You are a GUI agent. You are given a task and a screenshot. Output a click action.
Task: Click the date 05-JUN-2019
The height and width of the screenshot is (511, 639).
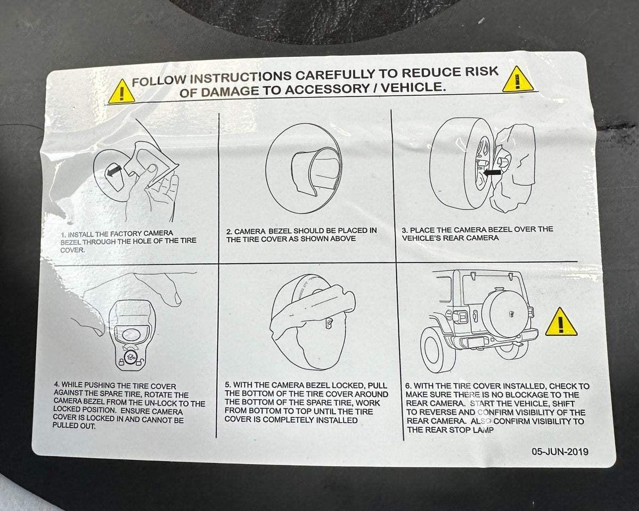pos(560,451)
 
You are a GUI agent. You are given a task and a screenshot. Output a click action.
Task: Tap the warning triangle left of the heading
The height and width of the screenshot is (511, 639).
pos(121,92)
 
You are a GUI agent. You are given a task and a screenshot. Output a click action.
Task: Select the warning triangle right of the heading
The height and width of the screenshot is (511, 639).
pos(518,79)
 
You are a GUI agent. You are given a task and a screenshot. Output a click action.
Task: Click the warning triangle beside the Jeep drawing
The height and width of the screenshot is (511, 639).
pos(561,323)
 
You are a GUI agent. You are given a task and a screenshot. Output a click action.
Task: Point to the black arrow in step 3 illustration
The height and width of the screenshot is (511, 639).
pos(492,172)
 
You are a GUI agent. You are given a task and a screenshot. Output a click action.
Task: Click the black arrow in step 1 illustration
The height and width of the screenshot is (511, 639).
pos(114,171)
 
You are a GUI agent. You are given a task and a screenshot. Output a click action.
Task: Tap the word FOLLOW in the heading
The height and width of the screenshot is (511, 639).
pos(159,81)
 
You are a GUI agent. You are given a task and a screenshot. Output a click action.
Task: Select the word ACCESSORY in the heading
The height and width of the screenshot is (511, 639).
pos(326,89)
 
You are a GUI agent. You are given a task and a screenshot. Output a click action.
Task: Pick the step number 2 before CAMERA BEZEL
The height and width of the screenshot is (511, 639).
pos(229,232)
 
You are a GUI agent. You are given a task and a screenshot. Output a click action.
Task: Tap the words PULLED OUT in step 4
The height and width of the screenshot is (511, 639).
pos(74,425)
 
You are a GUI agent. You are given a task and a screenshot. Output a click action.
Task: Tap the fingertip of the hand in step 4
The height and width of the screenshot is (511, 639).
pos(177,299)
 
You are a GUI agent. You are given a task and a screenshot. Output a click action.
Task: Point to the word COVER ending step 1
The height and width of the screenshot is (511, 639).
pos(72,250)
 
